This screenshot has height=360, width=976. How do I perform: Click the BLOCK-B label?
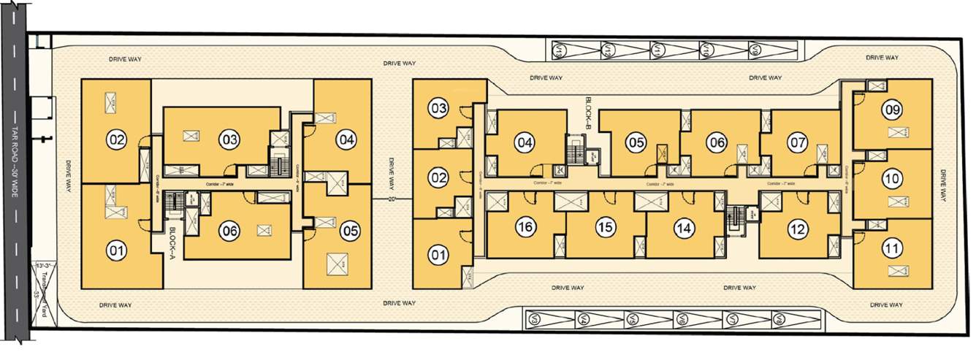[588, 112]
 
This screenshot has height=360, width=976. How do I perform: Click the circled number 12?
[798, 230]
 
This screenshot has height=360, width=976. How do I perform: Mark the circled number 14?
[683, 228]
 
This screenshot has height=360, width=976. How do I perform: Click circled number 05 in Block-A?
[350, 231]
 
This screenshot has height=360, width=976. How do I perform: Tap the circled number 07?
[798, 143]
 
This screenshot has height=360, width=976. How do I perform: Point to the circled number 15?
[604, 228]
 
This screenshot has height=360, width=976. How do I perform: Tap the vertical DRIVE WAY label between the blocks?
[392, 172]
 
